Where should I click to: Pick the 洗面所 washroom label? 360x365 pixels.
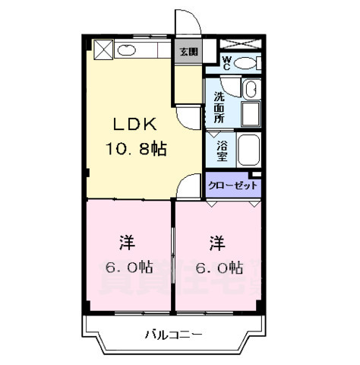219,107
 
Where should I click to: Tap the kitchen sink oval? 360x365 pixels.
128,51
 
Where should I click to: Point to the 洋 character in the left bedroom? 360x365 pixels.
127,243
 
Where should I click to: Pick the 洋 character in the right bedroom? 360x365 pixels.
219,243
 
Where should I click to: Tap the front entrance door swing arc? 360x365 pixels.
188,23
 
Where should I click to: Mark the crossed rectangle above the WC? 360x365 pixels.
249,43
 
